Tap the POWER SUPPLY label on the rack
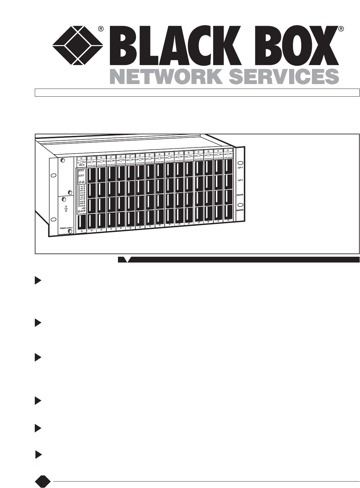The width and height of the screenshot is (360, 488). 66,228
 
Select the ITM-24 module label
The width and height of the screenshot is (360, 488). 81,165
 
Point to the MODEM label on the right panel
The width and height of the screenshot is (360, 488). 240,196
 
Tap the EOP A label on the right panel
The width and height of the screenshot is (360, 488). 240,167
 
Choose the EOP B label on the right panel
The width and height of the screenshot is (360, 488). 240,181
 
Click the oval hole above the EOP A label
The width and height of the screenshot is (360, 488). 240,162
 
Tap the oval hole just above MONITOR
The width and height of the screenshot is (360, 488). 240,204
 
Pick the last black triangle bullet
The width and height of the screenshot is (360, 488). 38,455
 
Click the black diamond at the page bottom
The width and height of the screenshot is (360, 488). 43,481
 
